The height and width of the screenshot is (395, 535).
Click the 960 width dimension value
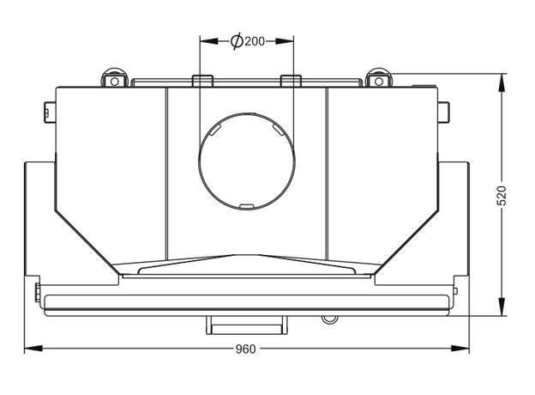tap(245, 349)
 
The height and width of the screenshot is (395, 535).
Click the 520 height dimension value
tap(502, 196)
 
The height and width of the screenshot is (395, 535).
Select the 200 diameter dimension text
tap(255, 41)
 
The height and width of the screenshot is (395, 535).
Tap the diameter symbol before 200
tap(237, 41)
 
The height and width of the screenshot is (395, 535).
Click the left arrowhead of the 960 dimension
tap(33, 349)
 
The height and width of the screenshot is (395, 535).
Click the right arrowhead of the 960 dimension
tap(460, 349)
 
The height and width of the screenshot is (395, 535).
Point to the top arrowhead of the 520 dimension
tap(502, 82)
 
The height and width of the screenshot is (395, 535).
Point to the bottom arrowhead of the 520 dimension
tap(502, 307)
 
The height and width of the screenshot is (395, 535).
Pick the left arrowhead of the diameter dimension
tap(209, 41)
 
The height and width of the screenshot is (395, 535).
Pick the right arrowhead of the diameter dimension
tap(285, 41)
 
